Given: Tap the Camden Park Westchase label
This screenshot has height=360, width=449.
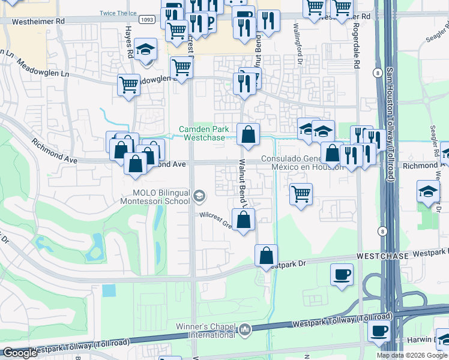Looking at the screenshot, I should point(205,133).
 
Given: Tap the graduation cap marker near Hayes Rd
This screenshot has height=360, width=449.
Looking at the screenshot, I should point(145,50).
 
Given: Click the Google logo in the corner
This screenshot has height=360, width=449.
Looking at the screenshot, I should point(20,353).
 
